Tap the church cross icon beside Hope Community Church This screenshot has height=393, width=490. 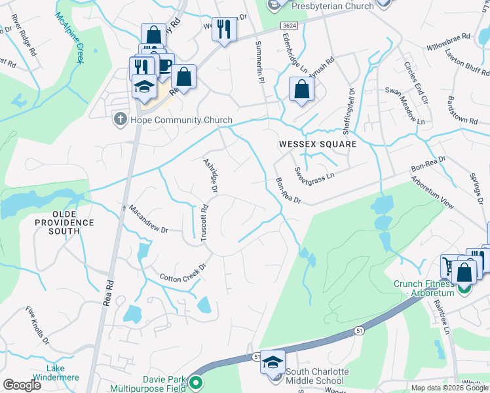[120, 120]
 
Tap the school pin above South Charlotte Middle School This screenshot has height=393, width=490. [272, 362]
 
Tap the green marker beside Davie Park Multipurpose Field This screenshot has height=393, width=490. [196, 383]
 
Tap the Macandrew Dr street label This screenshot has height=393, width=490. [149, 220]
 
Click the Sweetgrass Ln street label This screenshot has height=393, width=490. [314, 172]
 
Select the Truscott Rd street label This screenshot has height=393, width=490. [204, 223]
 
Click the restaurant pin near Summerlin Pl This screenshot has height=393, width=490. [224, 29]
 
